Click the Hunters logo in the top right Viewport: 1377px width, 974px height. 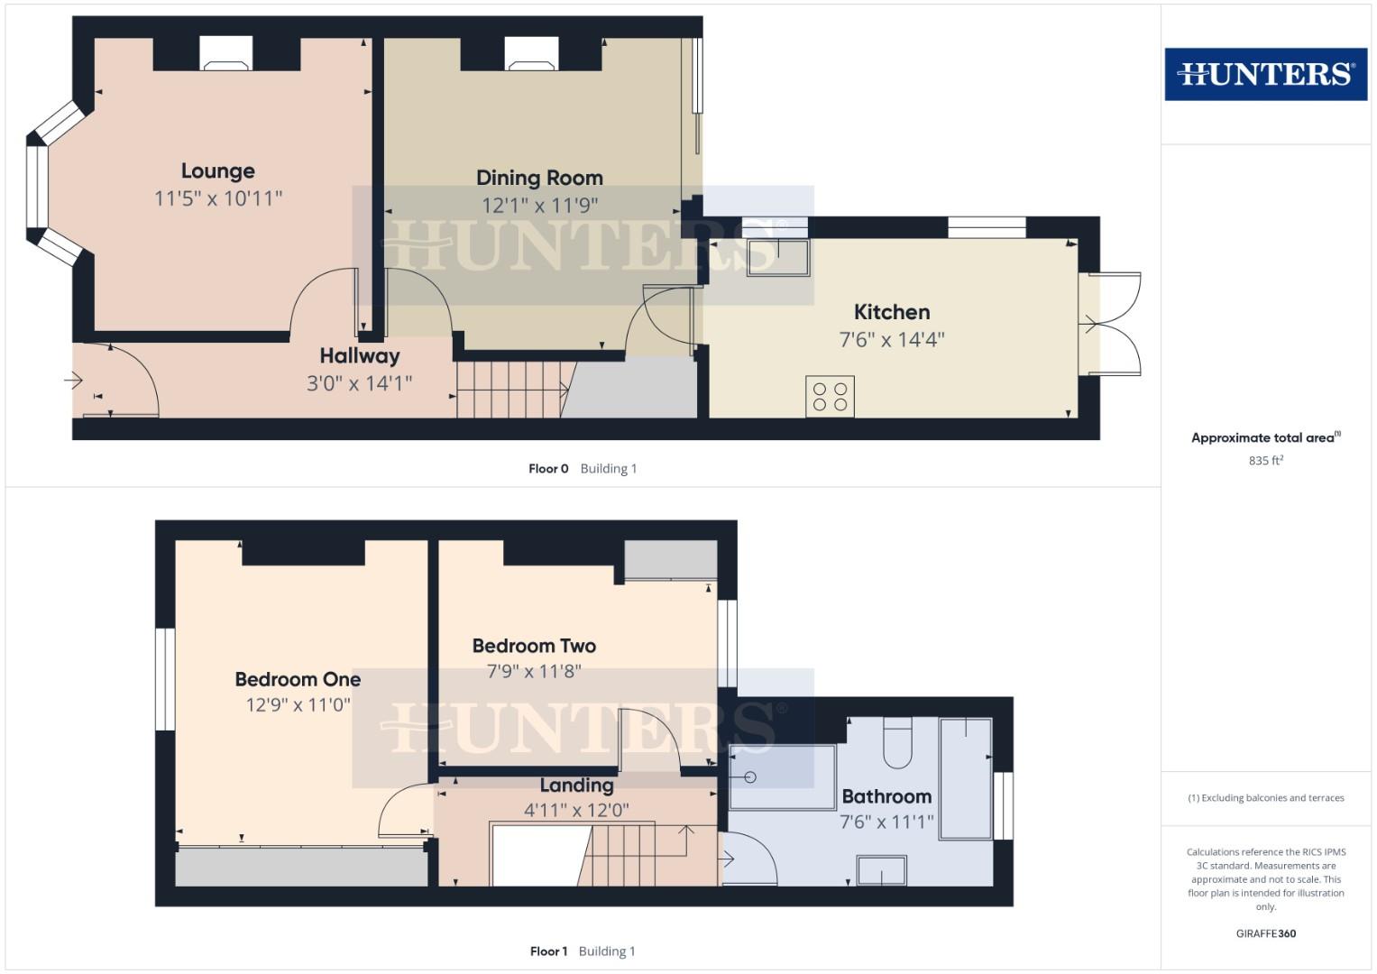point(1265,74)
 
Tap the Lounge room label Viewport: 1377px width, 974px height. point(217,171)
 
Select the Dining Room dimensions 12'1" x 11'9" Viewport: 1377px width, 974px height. point(539,206)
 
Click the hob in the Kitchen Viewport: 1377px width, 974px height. point(830,397)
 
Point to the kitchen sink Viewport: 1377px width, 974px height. point(777,257)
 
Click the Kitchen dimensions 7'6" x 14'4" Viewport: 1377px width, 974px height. point(891,340)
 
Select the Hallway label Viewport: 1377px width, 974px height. point(359,356)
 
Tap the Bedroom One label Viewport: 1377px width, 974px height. point(298,680)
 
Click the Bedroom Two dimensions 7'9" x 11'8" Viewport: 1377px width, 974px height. point(534,672)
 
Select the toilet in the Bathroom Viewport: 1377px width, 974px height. point(898,743)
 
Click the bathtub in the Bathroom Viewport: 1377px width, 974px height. point(965,778)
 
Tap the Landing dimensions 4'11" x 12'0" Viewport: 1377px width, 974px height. point(576,811)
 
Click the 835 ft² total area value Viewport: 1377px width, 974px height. point(1265,461)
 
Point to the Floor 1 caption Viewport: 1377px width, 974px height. point(548,951)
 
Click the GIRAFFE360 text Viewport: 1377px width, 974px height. point(1265,934)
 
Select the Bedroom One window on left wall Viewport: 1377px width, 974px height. point(164,679)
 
